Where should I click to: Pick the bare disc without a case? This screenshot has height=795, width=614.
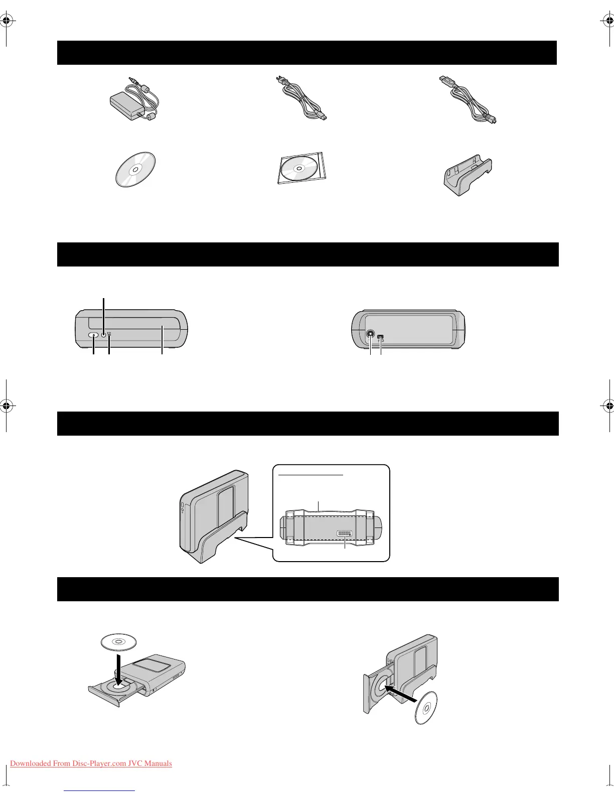point(135,169)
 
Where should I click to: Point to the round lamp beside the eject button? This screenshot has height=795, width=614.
point(104,335)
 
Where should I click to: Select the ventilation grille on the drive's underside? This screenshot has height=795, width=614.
point(345,534)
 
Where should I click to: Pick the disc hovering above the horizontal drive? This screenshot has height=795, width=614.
point(118,642)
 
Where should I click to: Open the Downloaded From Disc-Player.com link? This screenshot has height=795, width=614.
point(91,763)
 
